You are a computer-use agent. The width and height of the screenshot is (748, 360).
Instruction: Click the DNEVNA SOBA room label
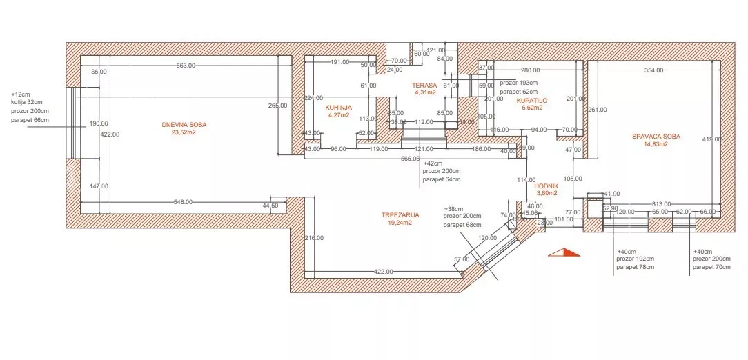(184, 125)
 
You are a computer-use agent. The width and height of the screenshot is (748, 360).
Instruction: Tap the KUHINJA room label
(339, 108)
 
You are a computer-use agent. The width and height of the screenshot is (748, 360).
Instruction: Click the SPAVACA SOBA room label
(656, 137)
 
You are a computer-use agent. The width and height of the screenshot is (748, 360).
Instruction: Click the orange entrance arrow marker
(562, 252)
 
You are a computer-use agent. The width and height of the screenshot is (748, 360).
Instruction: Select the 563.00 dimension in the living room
(186, 66)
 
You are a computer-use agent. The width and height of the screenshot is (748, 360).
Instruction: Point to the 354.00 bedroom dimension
(653, 70)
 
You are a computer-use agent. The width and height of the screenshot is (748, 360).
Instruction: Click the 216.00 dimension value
(314, 238)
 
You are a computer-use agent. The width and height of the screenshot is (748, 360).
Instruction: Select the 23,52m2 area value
(184, 133)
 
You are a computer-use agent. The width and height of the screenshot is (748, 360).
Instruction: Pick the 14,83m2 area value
(656, 145)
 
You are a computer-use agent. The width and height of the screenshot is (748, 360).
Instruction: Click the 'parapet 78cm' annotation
(635, 267)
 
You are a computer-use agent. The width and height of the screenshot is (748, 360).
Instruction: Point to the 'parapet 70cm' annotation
(711, 267)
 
